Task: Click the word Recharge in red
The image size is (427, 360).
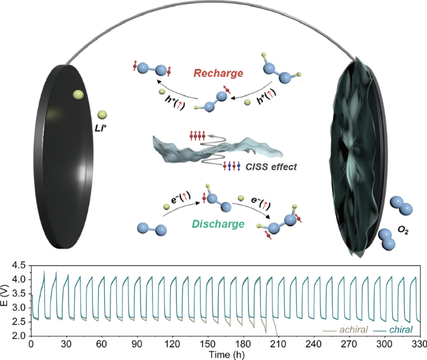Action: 218,73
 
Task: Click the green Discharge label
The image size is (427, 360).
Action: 218,224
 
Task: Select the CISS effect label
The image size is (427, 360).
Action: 271,167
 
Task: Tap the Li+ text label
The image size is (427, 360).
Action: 101,129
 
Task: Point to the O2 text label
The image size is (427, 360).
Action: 403,230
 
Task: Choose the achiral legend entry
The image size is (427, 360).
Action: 345,330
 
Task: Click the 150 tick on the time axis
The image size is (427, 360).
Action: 208,344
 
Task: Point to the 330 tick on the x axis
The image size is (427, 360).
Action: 419,344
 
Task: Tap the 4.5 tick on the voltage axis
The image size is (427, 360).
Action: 19,265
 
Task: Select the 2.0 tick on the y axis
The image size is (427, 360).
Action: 19,336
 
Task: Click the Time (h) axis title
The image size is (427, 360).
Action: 226,354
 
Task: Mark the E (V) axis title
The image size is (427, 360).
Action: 4,299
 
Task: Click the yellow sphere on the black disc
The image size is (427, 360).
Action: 78,94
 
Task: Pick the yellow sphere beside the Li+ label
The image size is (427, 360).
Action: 102,115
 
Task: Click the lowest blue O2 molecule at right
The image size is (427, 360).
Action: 386,240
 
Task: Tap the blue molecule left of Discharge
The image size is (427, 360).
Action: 152,229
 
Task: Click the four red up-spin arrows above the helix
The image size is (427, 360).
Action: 198,135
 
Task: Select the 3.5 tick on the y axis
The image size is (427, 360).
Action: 19,293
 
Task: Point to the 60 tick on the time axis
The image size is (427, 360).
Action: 102,344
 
